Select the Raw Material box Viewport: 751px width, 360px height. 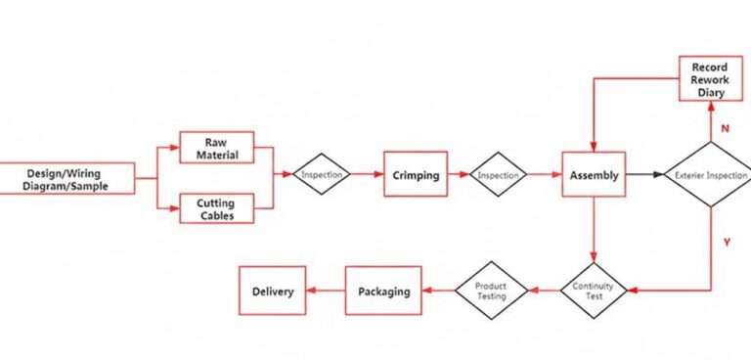(216, 148)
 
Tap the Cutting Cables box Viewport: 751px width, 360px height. (216, 207)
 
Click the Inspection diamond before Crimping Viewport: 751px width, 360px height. (321, 175)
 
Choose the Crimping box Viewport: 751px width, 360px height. (415, 175)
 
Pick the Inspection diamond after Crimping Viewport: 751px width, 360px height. (498, 175)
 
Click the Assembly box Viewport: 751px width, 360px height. (594, 175)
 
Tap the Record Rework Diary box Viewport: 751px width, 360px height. (712, 79)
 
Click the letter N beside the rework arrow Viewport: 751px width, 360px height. (724, 128)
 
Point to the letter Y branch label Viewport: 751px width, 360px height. (725, 242)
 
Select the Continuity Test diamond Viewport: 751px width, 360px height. (593, 290)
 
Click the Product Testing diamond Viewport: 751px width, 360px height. (491, 290)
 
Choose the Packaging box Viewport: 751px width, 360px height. (383, 291)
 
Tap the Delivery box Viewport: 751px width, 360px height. (273, 291)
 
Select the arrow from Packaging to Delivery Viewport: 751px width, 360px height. (326, 291)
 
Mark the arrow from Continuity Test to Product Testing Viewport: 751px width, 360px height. (543, 290)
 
